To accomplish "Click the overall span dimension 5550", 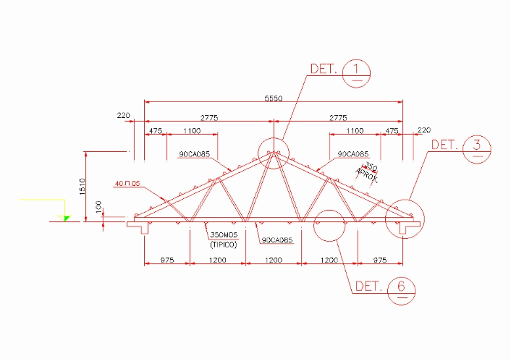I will [273, 98].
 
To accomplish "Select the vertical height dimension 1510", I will [81, 186].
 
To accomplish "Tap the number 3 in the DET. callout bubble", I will [477, 145].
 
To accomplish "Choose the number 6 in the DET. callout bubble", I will [402, 287].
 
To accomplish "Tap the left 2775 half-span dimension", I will [209, 118].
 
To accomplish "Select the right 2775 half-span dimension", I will [338, 118].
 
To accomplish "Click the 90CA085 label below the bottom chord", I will [276, 241].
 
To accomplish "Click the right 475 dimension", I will [392, 131].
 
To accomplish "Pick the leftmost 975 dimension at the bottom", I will [167, 260].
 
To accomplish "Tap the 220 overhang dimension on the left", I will [124, 115].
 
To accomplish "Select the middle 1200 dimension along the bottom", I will [273, 260].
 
